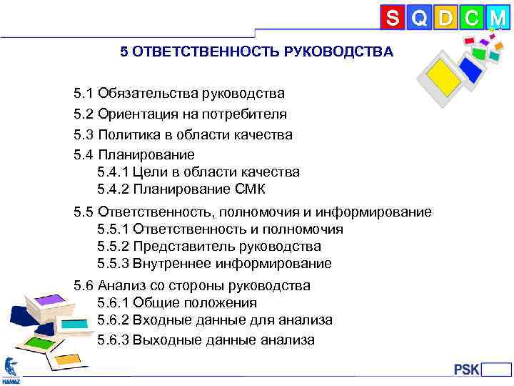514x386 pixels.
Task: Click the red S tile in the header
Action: tap(393, 17)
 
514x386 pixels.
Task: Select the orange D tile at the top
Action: tap(445, 17)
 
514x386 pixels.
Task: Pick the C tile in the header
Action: tap(471, 17)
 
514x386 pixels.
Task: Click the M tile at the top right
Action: tap(497, 17)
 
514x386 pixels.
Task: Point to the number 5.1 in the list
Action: tap(84, 93)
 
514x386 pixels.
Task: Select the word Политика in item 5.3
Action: tap(126, 134)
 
